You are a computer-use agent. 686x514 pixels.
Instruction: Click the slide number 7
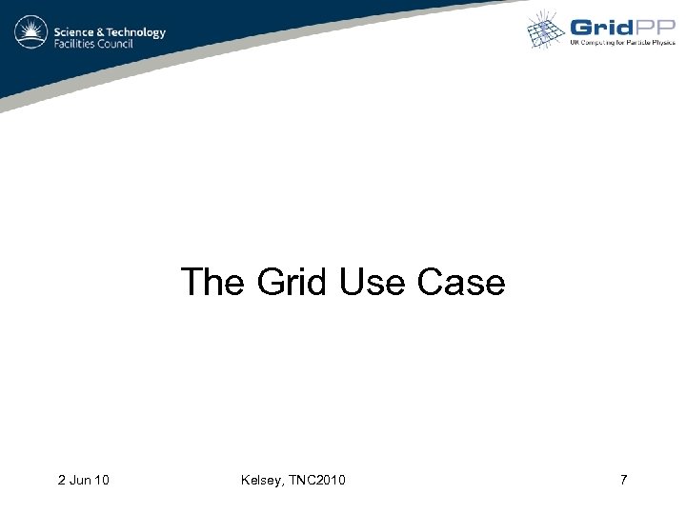[x=623, y=480]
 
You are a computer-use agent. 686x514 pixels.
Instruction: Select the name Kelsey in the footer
[x=262, y=480]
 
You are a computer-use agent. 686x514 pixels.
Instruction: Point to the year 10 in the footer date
[x=100, y=480]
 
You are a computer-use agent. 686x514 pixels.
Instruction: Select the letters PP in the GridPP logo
[x=655, y=28]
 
